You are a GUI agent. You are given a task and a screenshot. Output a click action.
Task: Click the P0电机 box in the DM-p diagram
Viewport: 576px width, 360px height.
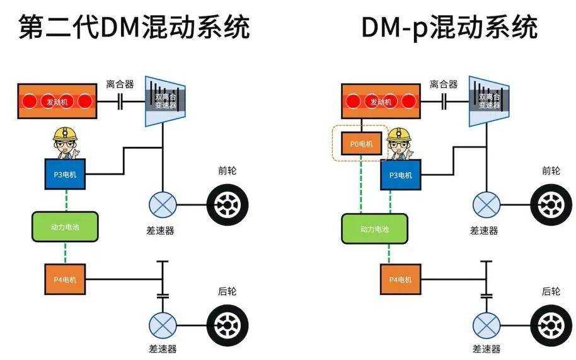(361, 144)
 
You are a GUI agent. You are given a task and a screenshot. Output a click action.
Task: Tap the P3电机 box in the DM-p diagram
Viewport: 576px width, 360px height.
(400, 175)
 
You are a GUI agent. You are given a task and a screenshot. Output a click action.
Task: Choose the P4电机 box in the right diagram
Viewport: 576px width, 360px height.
(400, 280)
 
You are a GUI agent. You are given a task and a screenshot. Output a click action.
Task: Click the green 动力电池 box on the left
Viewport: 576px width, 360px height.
(65, 226)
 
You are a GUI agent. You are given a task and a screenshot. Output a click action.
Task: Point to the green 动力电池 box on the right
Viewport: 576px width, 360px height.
(374, 229)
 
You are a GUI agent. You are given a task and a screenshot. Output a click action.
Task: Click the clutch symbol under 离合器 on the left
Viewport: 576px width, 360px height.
(120, 101)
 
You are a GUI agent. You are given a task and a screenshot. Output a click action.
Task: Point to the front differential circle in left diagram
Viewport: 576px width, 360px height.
(162, 205)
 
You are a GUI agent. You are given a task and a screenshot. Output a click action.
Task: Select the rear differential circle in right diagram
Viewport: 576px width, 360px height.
(486, 325)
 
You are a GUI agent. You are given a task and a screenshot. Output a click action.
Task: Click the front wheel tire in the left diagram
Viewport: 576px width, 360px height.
(228, 205)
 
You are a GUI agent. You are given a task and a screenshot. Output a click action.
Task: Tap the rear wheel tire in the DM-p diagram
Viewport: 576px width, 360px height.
(551, 325)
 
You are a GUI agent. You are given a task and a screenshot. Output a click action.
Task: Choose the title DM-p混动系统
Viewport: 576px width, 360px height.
(449, 26)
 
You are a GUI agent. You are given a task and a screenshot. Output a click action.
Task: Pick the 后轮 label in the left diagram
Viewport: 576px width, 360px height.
(227, 291)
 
